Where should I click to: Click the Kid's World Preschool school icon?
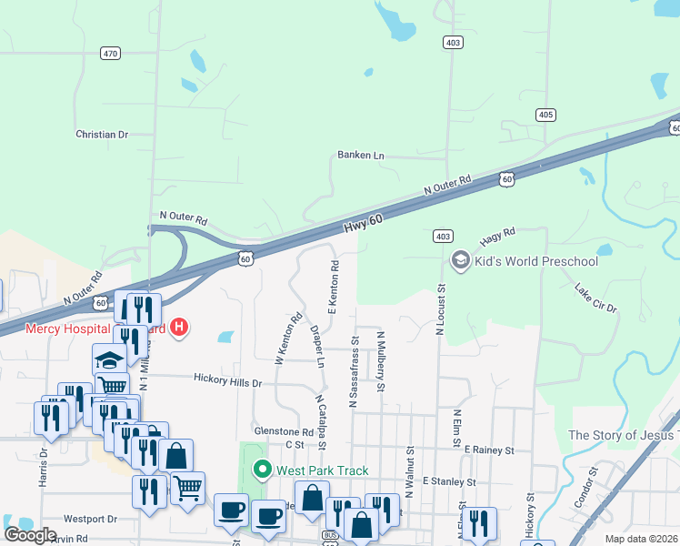(x=460, y=261)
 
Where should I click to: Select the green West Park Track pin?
(x=263, y=470)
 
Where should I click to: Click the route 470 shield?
(x=111, y=55)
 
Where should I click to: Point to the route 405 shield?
(x=545, y=114)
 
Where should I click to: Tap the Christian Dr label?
(x=102, y=134)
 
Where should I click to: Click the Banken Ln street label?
(x=361, y=156)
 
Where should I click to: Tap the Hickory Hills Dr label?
(x=227, y=382)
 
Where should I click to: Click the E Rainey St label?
(x=489, y=450)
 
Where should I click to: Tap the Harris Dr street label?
(x=42, y=465)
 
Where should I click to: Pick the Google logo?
(x=30, y=535)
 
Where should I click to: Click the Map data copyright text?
(x=641, y=539)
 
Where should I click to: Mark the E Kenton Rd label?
(x=335, y=284)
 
